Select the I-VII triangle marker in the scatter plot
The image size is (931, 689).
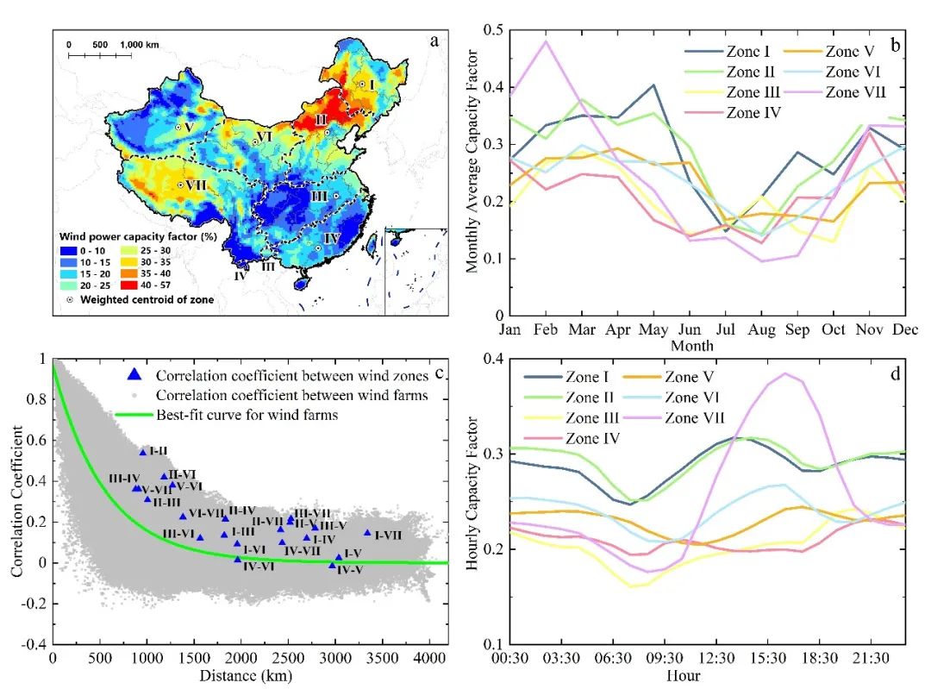(367, 533)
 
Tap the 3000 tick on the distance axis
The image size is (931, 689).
(334, 660)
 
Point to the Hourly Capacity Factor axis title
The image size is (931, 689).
(473, 501)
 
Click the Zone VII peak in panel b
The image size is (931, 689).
(545, 41)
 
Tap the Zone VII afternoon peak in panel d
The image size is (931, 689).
(785, 373)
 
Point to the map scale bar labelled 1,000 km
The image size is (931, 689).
(100, 55)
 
